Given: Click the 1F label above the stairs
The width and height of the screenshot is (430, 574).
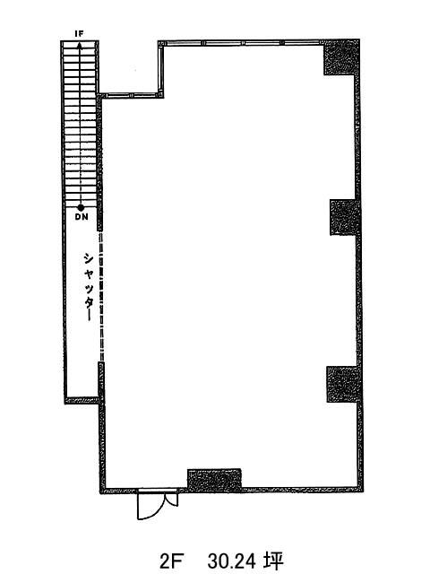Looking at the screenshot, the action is point(80,34).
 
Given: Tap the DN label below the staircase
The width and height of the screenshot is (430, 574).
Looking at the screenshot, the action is point(82,217).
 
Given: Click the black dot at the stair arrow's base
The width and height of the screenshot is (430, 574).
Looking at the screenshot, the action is point(81,207).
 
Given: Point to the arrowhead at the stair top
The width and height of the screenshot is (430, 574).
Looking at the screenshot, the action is point(79,44).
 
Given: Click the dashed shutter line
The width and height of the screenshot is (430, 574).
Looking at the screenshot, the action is point(101,296).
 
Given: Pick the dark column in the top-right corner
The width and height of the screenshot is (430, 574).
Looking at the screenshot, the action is point(340,57).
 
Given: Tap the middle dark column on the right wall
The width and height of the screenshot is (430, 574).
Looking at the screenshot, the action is point(345,217).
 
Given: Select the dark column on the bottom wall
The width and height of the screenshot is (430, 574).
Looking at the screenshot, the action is point(214,480).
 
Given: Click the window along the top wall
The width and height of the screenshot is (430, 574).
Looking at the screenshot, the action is point(241,43).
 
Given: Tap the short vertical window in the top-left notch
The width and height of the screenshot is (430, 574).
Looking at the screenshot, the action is point(161,68).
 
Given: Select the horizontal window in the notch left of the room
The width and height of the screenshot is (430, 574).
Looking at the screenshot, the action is point(131,96).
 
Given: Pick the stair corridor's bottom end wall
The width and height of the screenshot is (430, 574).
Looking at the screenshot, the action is point(82,400).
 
